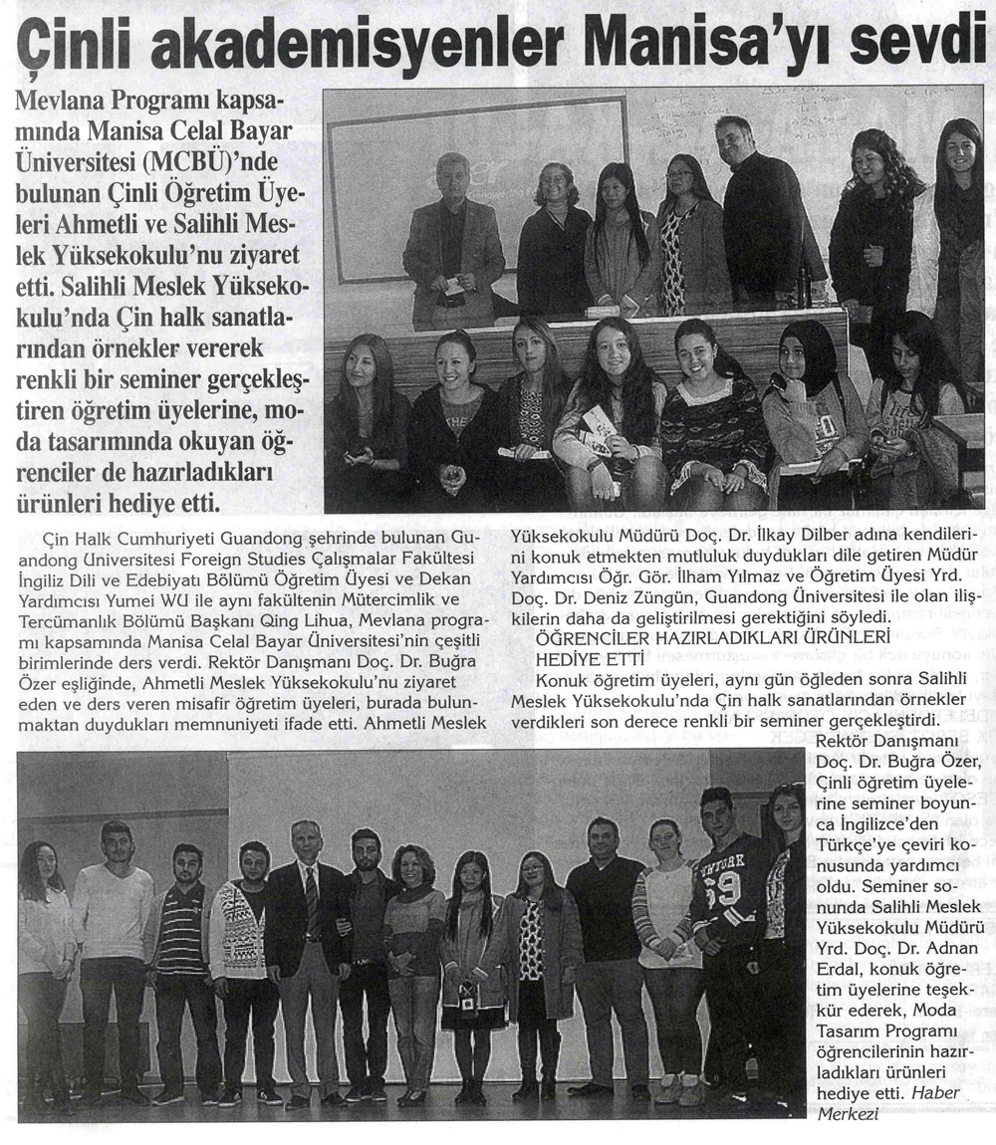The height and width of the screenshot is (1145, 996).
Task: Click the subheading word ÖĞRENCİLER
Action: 591,636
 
